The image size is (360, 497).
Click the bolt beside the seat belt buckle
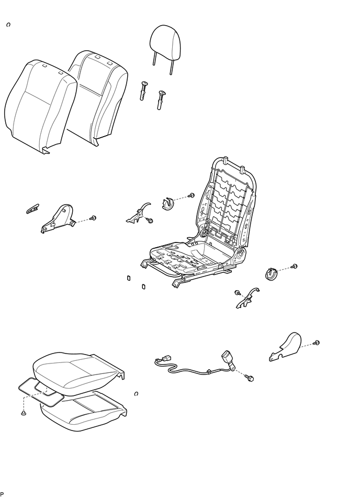(x=251, y=377)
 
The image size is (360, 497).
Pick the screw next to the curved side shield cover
(x=317, y=343)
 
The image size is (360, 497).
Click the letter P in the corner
(x=3, y=493)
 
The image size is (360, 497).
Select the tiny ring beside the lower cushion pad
(x=136, y=394)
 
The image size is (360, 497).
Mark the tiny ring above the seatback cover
(x=8, y=25)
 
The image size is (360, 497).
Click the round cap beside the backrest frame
(x=170, y=204)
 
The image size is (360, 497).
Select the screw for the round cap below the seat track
(x=294, y=267)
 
